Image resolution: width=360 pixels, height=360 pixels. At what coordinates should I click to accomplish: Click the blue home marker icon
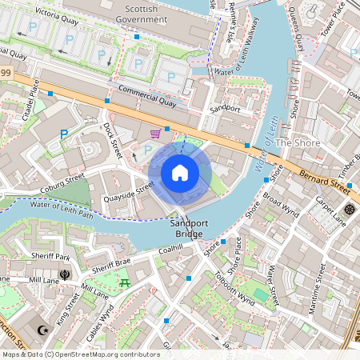[180, 173]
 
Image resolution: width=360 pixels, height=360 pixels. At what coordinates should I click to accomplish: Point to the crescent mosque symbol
[43, 330]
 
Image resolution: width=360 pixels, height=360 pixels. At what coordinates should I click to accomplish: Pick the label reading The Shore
[298, 143]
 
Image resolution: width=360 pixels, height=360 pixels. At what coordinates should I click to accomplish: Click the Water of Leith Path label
[61, 210]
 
